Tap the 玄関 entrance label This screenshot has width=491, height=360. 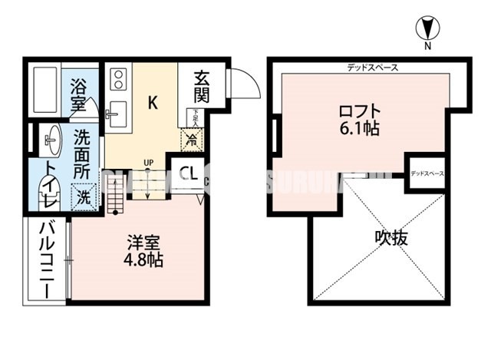tap(201, 86)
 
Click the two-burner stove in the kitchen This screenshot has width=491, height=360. tap(120, 79)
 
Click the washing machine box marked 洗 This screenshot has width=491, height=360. tap(84, 196)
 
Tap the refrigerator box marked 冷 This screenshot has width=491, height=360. tap(189, 140)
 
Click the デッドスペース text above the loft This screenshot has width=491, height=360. tap(371, 68)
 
